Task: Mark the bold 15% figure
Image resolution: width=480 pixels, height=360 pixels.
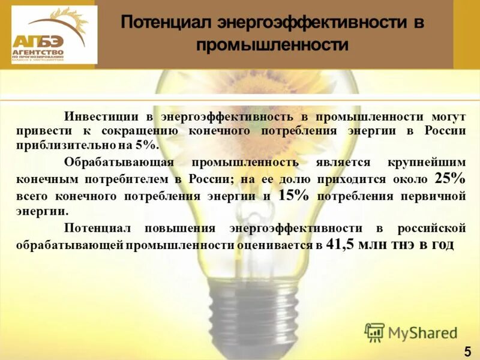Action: tap(295, 195)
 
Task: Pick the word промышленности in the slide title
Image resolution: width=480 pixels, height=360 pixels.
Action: tap(272, 45)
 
